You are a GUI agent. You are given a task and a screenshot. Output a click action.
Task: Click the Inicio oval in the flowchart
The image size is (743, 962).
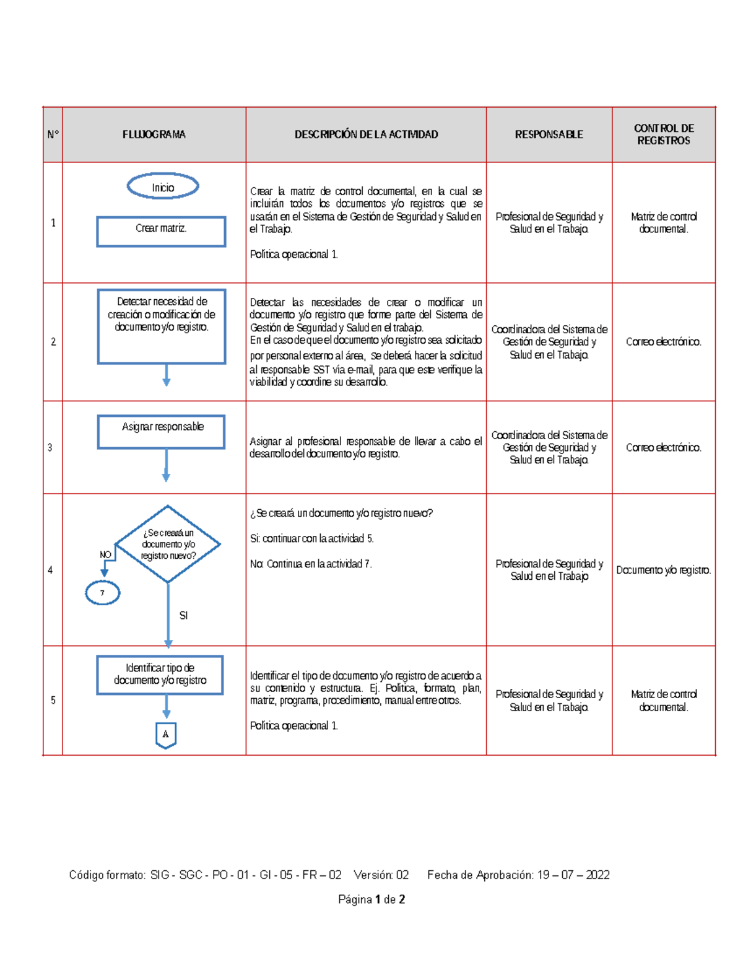click(x=163, y=186)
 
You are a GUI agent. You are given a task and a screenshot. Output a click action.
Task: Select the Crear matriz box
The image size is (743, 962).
click(x=161, y=231)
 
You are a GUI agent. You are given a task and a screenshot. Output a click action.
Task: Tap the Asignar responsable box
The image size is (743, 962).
click(x=161, y=431)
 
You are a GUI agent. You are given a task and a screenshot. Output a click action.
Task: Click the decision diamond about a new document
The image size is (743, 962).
click(x=168, y=544)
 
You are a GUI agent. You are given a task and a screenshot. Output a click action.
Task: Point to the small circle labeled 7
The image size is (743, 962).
click(x=102, y=593)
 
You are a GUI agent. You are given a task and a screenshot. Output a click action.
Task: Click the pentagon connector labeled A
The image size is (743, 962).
click(x=166, y=735)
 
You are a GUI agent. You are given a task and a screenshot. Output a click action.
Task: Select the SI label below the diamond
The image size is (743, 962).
click(x=183, y=615)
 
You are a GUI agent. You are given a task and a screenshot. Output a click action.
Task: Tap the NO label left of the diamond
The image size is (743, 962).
click(x=105, y=554)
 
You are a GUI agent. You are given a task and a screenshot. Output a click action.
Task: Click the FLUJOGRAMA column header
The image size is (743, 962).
click(x=154, y=134)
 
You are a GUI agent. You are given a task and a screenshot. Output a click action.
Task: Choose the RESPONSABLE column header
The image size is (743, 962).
click(x=549, y=134)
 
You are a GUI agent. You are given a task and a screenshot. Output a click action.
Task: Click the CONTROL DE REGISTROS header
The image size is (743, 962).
click(x=663, y=134)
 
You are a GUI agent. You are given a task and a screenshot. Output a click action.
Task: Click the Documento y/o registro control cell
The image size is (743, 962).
click(x=663, y=570)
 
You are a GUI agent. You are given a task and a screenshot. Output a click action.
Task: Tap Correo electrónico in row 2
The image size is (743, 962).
click(x=663, y=342)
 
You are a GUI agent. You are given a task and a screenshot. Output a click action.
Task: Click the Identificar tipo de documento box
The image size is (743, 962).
click(x=160, y=675)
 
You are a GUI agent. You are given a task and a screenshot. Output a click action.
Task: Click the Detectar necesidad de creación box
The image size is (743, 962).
click(x=162, y=326)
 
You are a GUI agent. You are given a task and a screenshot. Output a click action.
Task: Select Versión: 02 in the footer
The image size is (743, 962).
click(x=381, y=875)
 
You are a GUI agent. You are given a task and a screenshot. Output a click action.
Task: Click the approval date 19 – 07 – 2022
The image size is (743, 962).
click(x=573, y=875)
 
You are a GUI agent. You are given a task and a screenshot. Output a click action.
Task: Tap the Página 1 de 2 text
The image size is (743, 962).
click(x=371, y=899)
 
